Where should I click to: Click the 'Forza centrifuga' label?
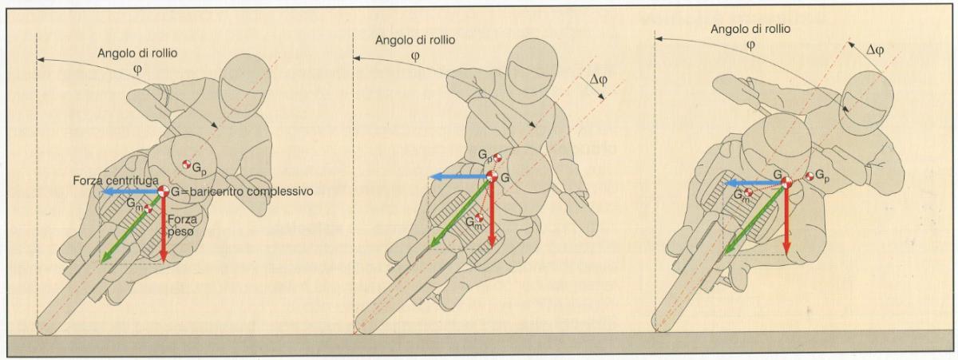(116, 180)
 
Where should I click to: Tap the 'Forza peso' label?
(183, 225)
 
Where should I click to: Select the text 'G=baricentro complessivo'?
(242, 191)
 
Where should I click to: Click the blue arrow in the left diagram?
(131, 192)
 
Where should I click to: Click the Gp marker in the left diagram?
(186, 164)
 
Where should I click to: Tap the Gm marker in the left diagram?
(148, 209)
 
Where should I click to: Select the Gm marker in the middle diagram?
(479, 218)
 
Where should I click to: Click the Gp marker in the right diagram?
(810, 176)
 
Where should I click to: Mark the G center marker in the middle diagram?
(492, 176)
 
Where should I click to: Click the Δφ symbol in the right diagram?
(875, 50)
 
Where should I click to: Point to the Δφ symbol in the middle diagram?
(598, 80)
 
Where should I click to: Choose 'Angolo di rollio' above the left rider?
(137, 53)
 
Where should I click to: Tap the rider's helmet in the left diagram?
(244, 87)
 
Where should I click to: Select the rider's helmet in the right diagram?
(866, 103)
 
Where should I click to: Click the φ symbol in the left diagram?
(137, 69)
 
